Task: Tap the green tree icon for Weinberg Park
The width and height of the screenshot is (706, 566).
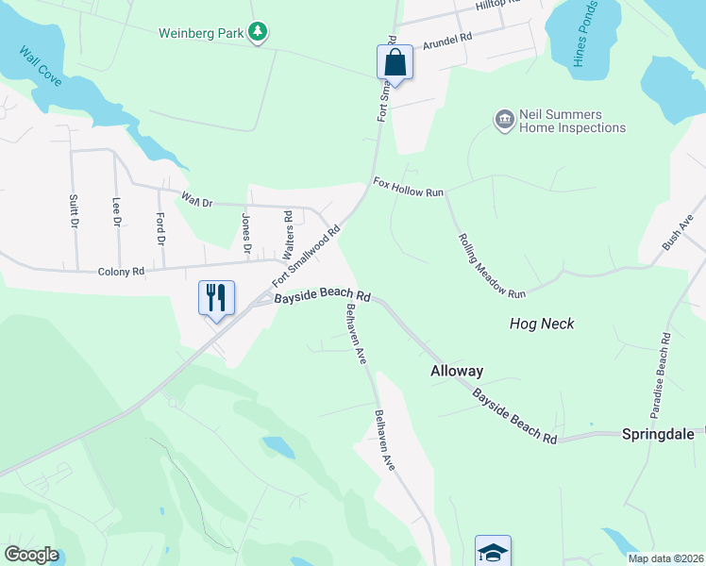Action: pos(257,33)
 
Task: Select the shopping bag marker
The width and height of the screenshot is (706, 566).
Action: pos(395,63)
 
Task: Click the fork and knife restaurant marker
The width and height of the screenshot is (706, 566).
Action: pos(216,298)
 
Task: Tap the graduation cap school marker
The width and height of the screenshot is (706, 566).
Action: pos(493,552)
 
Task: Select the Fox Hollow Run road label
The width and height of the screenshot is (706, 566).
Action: pos(408,186)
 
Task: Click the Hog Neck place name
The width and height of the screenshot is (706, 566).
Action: pos(541,324)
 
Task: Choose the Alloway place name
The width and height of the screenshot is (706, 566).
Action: pos(457,371)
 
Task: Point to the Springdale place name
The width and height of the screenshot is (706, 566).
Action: pos(658,434)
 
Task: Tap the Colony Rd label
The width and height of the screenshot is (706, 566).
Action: pos(121,272)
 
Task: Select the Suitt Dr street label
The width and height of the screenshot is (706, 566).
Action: pos(73,212)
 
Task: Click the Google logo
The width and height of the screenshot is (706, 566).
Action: pos(31,555)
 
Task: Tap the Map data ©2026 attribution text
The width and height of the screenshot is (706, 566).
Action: pos(665,558)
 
